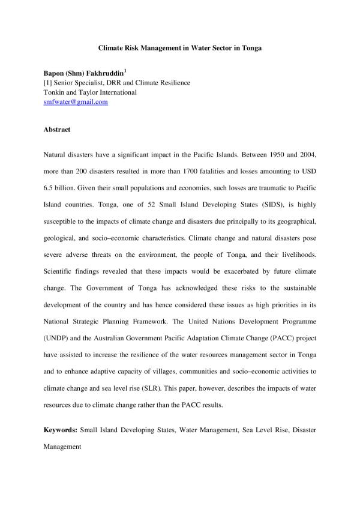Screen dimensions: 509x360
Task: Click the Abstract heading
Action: pos(57,130)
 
